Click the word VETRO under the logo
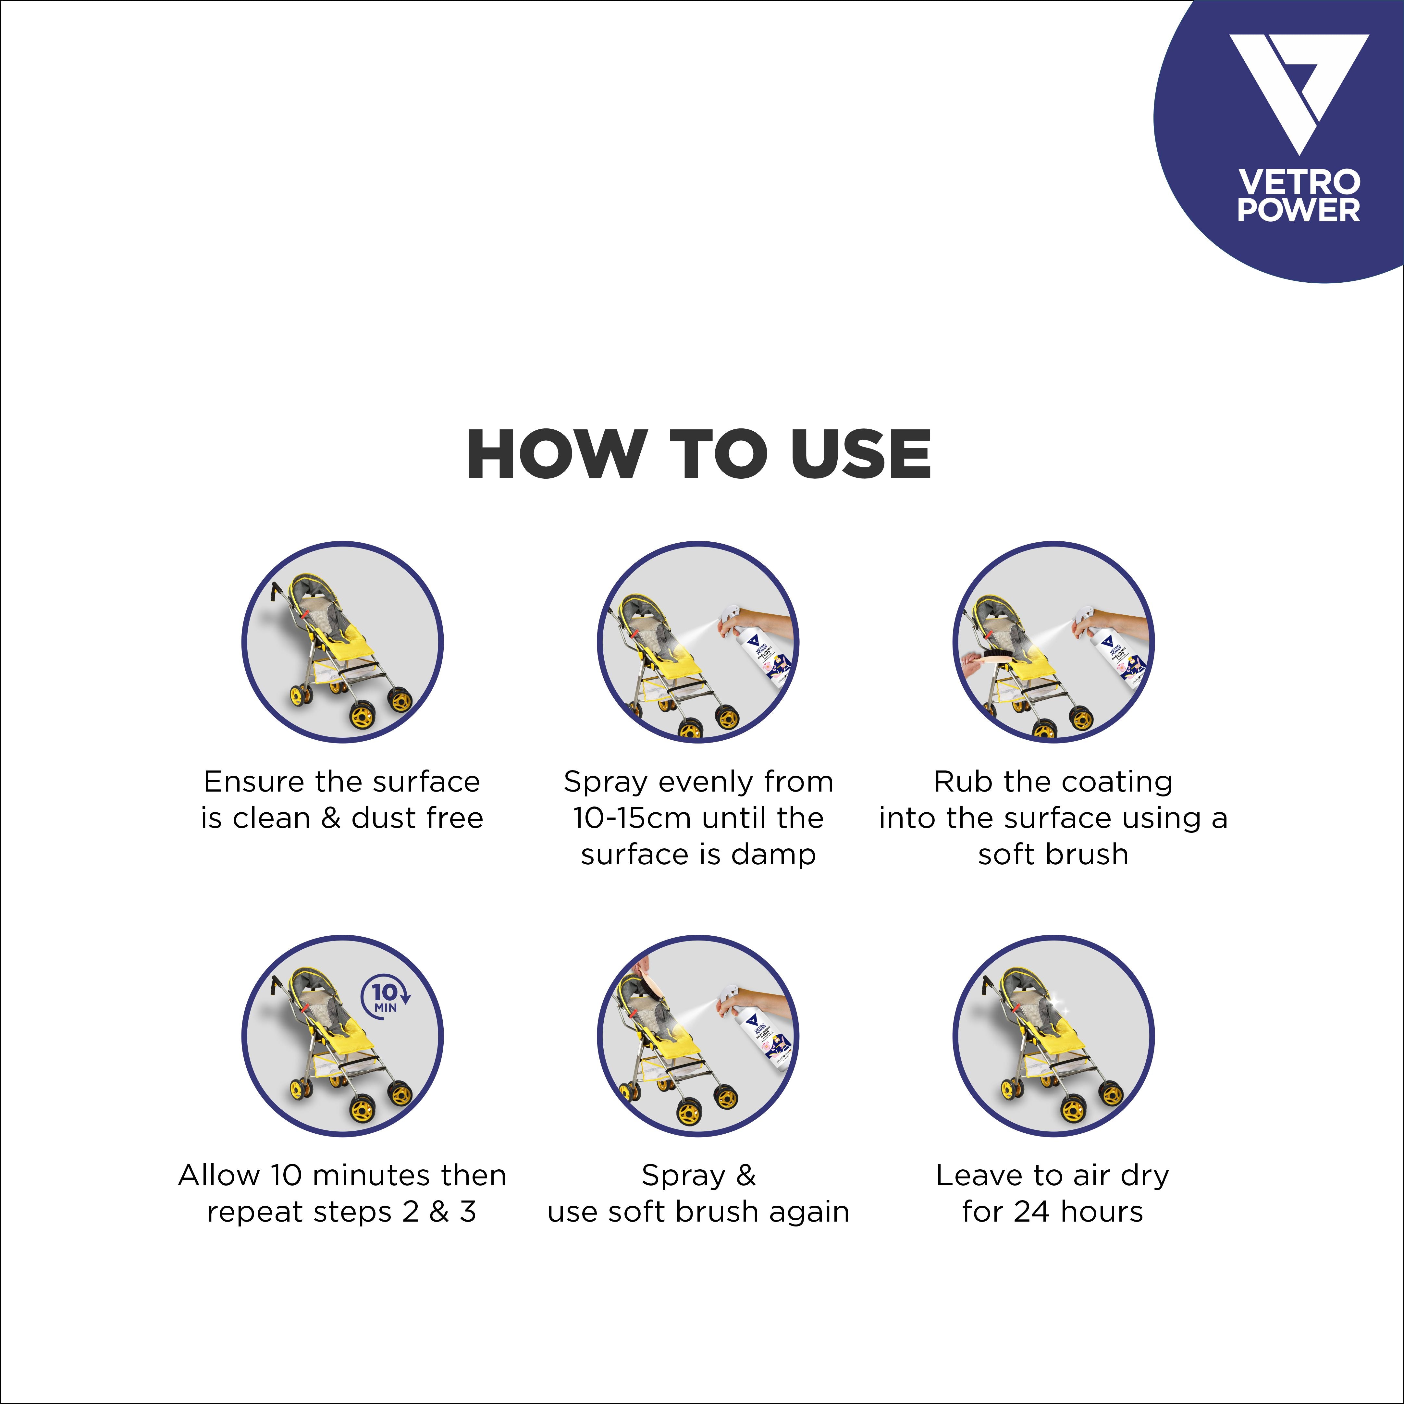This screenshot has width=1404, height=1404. click(1298, 182)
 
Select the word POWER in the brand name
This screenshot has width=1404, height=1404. click(1298, 210)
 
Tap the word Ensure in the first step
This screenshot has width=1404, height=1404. click(254, 782)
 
